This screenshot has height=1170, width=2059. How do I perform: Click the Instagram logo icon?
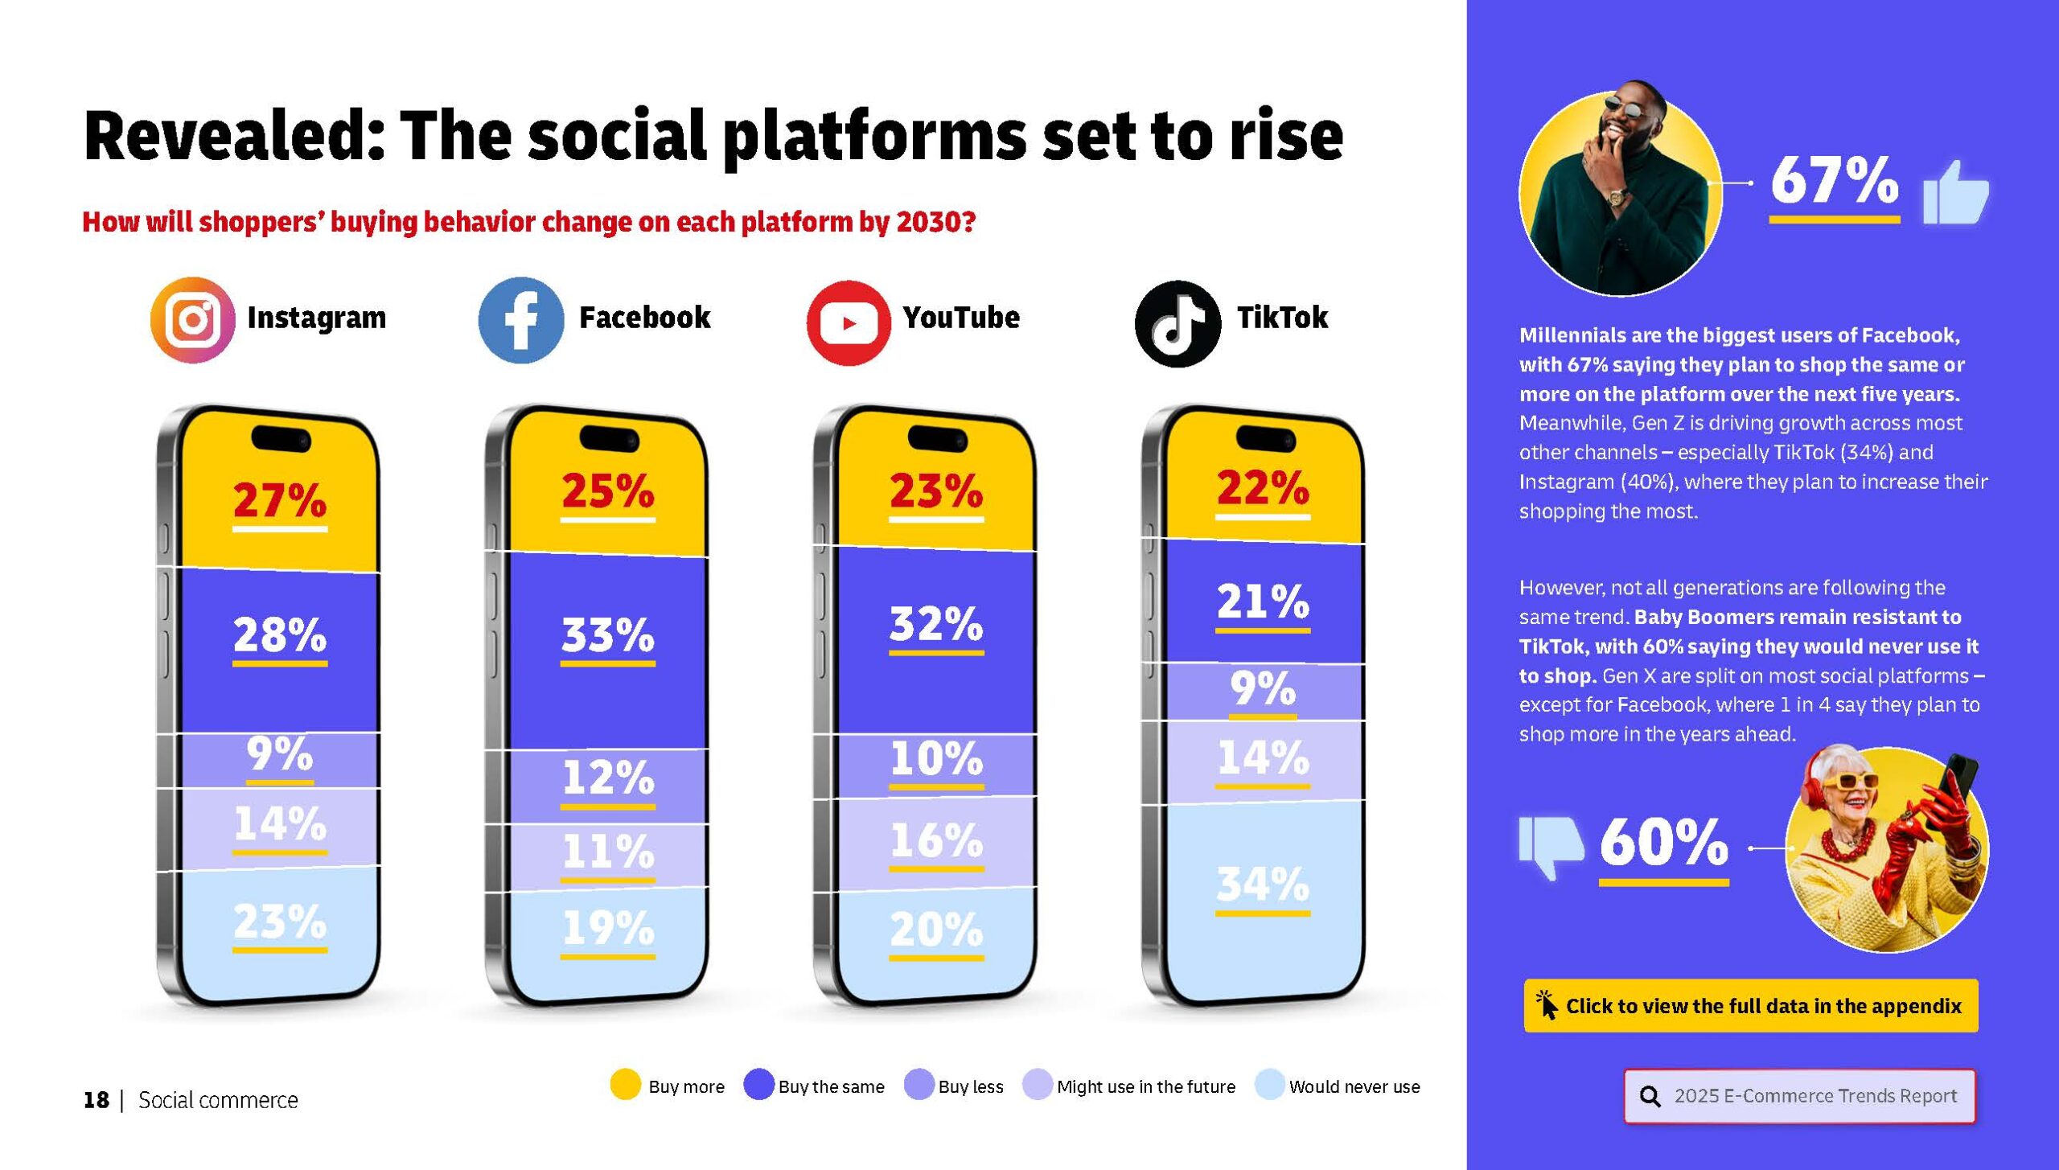[193, 320]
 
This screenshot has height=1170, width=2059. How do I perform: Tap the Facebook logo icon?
[521, 320]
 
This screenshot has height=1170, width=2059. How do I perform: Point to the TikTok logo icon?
[1177, 323]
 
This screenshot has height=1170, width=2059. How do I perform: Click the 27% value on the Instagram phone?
[280, 500]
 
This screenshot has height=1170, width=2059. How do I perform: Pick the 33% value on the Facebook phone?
[608, 635]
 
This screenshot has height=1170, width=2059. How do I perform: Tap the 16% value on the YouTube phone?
[936, 840]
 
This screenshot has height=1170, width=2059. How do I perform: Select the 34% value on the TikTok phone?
[1263, 885]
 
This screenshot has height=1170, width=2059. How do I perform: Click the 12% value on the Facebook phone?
[608, 777]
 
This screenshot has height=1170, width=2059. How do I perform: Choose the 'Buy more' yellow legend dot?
[625, 1084]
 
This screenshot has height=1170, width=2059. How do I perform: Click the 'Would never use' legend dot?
[1269, 1084]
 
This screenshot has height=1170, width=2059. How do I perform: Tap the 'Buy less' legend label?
[971, 1086]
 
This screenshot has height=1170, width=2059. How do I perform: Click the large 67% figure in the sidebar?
[1835, 180]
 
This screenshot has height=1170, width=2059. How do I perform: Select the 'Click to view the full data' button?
[1750, 1005]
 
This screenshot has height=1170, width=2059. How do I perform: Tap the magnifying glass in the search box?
[1650, 1096]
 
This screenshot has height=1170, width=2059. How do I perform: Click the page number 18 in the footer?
[96, 1100]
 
